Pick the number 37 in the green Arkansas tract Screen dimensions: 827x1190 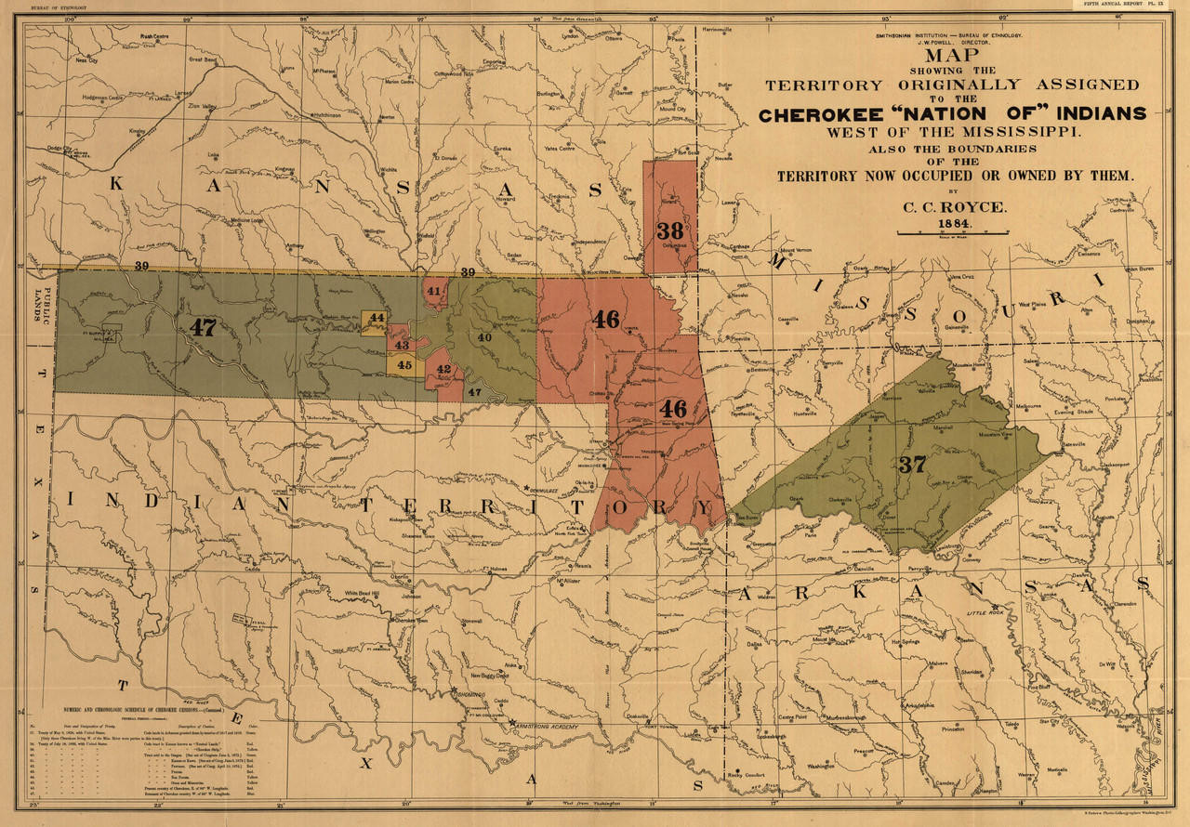coord(912,465)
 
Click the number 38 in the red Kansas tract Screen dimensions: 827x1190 coord(669,230)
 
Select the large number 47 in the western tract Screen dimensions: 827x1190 coord(202,327)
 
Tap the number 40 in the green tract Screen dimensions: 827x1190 coord(484,337)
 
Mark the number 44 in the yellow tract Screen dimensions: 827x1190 coord(376,318)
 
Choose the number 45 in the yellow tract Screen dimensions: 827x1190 coord(404,365)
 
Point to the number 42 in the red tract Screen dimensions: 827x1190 coord(444,370)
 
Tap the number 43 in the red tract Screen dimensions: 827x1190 coord(402,345)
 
